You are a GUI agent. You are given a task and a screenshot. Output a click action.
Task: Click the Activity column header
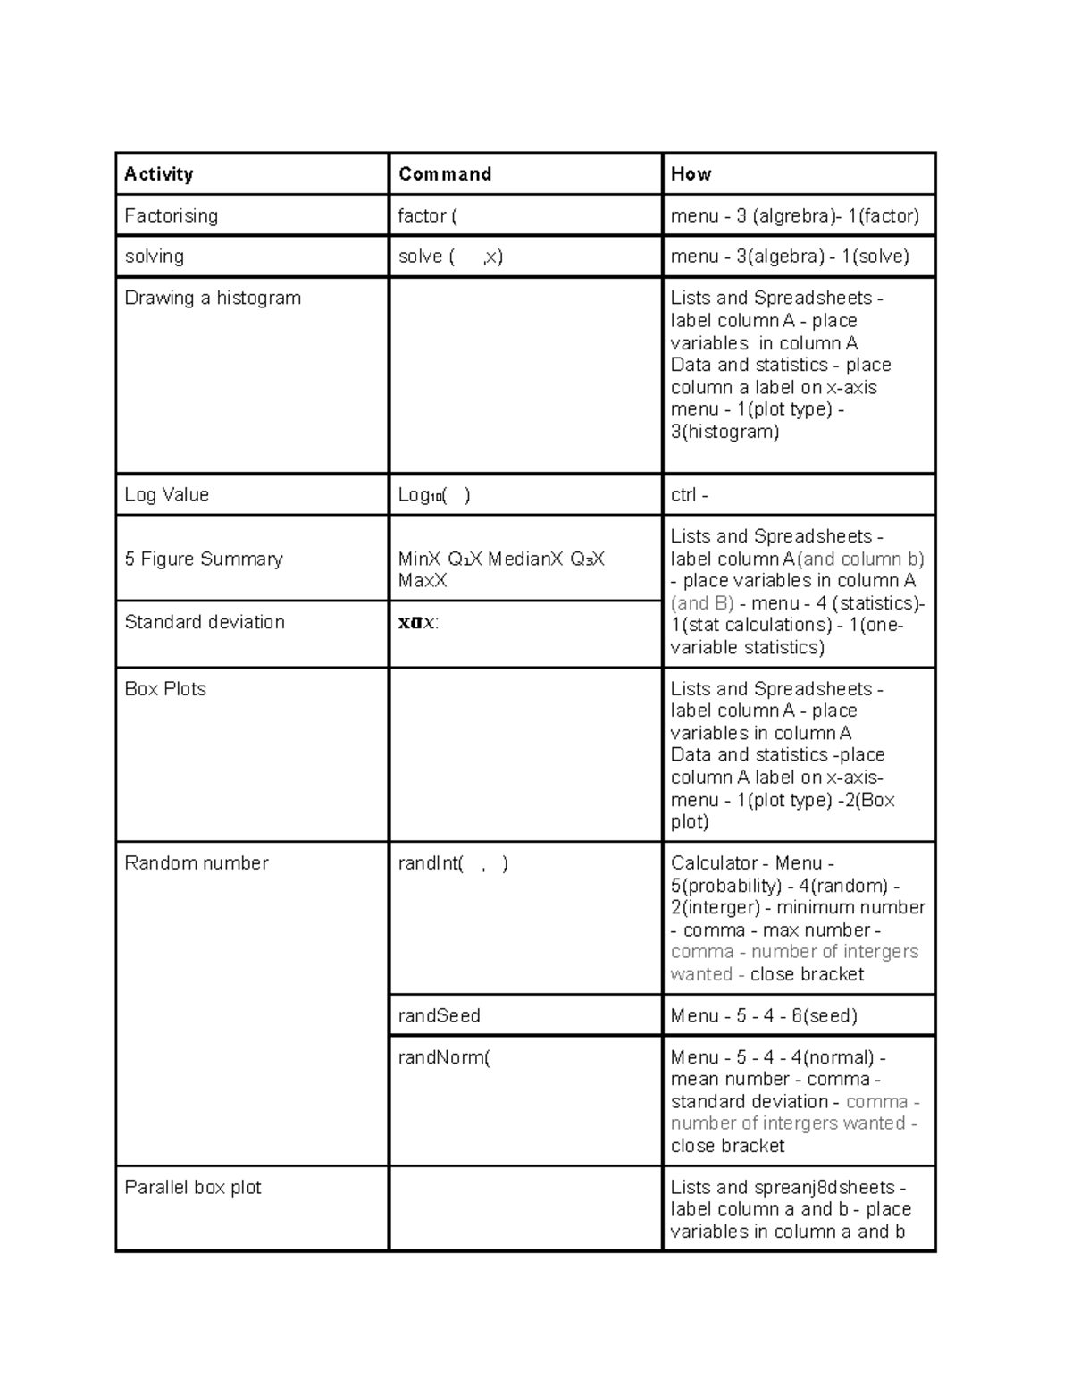(x=159, y=174)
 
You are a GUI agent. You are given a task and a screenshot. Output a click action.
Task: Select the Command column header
(x=445, y=174)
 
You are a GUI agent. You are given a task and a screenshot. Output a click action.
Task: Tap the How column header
(x=691, y=174)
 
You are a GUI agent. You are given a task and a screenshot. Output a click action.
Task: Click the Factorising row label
(x=171, y=215)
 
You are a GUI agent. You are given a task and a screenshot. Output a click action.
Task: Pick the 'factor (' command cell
(x=428, y=215)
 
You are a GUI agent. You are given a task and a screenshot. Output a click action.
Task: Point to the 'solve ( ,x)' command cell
(x=450, y=257)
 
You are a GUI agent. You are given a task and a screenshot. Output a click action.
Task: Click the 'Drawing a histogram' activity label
(x=213, y=298)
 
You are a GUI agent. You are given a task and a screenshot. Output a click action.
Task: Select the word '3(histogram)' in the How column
(x=724, y=432)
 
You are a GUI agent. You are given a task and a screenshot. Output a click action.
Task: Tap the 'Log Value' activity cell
(x=166, y=495)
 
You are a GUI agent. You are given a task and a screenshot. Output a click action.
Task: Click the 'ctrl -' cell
(x=689, y=495)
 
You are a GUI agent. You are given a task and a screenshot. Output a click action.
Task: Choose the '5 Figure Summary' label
(x=204, y=559)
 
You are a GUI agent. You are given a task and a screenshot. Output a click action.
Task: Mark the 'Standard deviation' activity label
(x=205, y=622)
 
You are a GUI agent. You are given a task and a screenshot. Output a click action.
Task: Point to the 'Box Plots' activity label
(x=165, y=689)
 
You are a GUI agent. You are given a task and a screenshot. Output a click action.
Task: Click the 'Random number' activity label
(x=197, y=863)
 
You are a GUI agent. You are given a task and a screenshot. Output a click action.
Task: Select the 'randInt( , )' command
(x=453, y=863)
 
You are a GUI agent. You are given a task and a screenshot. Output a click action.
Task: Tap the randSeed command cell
(x=439, y=1015)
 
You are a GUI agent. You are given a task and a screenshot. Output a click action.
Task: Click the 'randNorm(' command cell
(x=444, y=1057)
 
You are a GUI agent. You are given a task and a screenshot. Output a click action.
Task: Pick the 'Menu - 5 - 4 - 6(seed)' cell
(x=764, y=1015)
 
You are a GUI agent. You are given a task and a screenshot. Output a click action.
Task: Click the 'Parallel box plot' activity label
(x=193, y=1188)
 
